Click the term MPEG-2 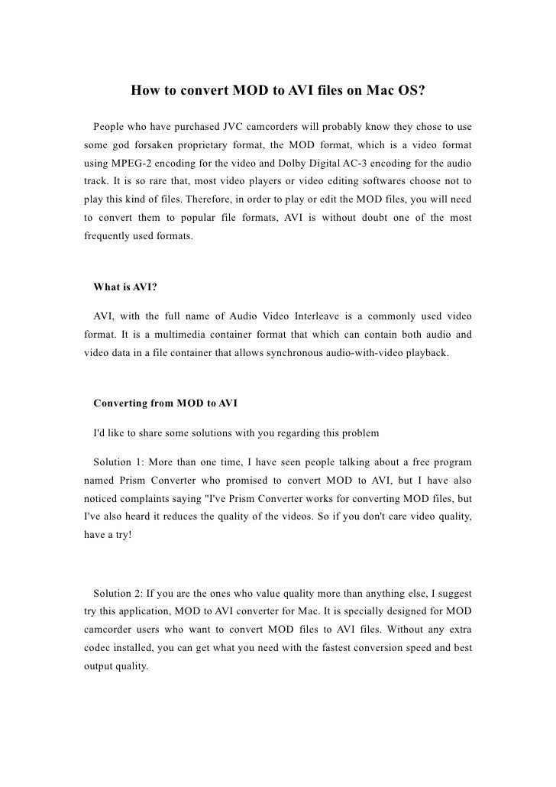(x=126, y=164)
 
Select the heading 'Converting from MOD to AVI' (x=165, y=403)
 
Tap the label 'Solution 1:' (x=120, y=463)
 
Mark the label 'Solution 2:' (x=120, y=593)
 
